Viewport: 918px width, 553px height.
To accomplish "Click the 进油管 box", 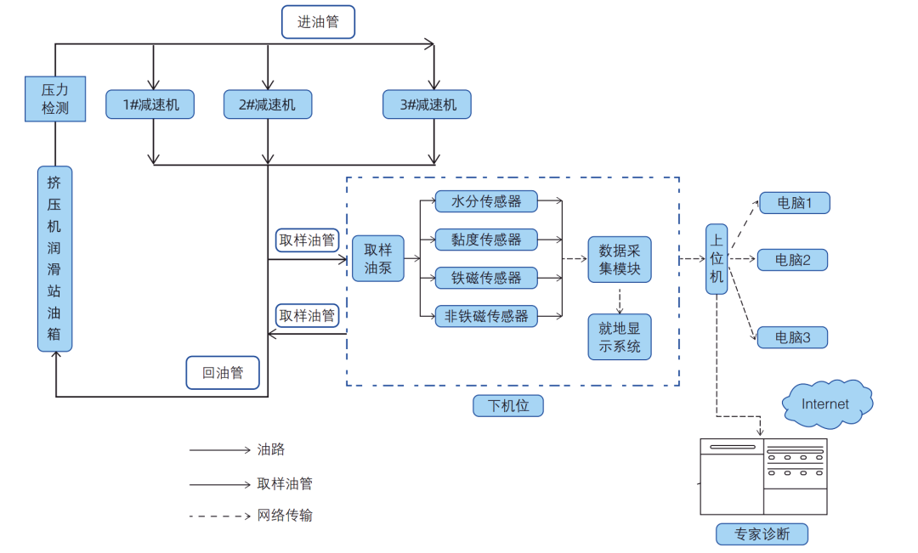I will tap(318, 22).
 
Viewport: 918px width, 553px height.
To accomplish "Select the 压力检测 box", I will tap(55, 98).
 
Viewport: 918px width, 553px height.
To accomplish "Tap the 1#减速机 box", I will tap(150, 104).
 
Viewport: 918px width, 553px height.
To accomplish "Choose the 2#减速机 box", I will tap(268, 104).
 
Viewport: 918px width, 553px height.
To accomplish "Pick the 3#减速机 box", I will tap(427, 104).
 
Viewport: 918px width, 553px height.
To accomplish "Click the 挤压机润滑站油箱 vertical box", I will tap(55, 258).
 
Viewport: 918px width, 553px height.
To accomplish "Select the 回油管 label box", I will tap(223, 372).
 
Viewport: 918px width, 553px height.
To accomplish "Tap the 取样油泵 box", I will tap(378, 259).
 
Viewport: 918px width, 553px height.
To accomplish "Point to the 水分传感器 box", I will tap(486, 201).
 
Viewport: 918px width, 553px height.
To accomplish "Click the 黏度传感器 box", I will tap(486, 240).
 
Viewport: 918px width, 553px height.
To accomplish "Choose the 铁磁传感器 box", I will tap(486, 278).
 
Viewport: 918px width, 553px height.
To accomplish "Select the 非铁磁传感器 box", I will tap(486, 316).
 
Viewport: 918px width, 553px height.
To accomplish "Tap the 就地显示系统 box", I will tap(620, 337).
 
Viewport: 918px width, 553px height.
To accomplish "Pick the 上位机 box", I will tap(717, 259).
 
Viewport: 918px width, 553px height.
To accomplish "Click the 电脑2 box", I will tap(792, 259).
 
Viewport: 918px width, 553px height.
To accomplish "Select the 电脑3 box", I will tap(792, 337).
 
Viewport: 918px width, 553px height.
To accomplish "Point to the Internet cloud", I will tap(825, 403).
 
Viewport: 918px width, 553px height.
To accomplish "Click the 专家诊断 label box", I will tap(762, 534).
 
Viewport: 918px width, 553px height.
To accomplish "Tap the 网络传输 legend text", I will tap(286, 516).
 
